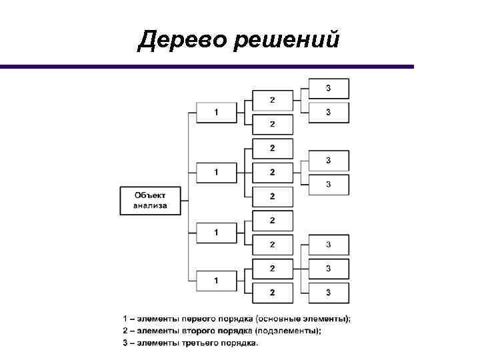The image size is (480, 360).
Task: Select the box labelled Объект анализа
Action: pyautogui.click(x=151, y=200)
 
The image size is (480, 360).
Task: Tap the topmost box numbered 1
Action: pyautogui.click(x=216, y=112)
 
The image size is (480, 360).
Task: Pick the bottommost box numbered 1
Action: pyautogui.click(x=216, y=281)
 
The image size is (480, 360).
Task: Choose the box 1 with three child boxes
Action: pyautogui.click(x=216, y=172)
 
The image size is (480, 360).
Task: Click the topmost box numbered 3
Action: pyautogui.click(x=328, y=88)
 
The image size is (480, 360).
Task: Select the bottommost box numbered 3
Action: pyautogui.click(x=328, y=291)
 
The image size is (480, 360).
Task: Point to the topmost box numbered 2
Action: pyautogui.click(x=272, y=100)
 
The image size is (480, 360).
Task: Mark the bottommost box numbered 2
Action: pyautogui.click(x=272, y=291)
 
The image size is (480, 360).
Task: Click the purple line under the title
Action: pyautogui.click(x=207, y=67)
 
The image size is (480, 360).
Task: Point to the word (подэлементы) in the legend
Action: pyautogui.click(x=291, y=331)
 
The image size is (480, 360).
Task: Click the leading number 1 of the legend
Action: pyautogui.click(x=125, y=319)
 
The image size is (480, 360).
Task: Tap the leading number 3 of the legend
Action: pyautogui.click(x=125, y=343)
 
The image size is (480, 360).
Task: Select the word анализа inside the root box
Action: pyautogui.click(x=151, y=206)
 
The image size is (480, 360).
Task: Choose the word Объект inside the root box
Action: pyautogui.click(x=151, y=195)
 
